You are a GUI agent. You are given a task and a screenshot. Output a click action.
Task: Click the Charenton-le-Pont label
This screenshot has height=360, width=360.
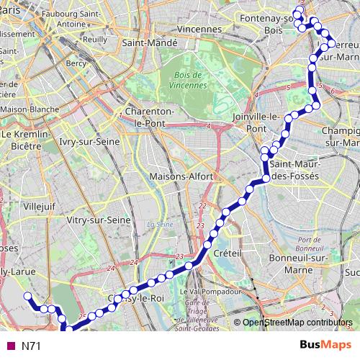tap(150, 117)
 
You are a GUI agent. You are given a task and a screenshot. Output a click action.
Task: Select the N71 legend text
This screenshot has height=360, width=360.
tap(31, 346)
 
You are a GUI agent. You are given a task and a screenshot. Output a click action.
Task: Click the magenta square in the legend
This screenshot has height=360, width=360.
tap(10, 346)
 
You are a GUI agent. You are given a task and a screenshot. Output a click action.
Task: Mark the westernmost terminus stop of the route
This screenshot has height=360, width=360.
tap(27, 296)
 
